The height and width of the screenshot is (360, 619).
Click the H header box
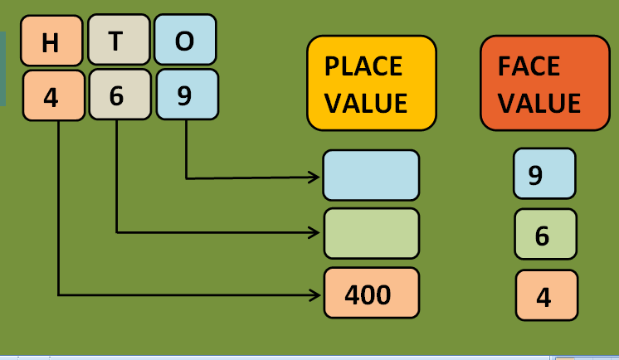(51, 41)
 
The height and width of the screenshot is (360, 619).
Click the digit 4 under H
(52, 96)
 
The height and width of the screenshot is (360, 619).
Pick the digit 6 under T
(117, 95)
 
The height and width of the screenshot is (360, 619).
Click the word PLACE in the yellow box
(363, 66)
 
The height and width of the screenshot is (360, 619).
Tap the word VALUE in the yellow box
(366, 104)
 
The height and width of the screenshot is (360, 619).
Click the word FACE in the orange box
(529, 66)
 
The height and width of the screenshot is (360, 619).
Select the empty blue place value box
(371, 175)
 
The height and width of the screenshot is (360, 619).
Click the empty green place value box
(371, 233)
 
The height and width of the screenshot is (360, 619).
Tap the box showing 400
(371, 293)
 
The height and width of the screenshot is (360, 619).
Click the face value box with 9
(543, 173)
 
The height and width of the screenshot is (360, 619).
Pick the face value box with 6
(544, 235)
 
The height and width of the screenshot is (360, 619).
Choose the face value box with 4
(545, 295)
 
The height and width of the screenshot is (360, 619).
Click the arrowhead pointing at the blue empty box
(314, 177)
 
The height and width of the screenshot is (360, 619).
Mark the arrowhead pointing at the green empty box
(314, 232)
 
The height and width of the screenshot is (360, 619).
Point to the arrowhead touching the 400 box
(314, 294)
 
